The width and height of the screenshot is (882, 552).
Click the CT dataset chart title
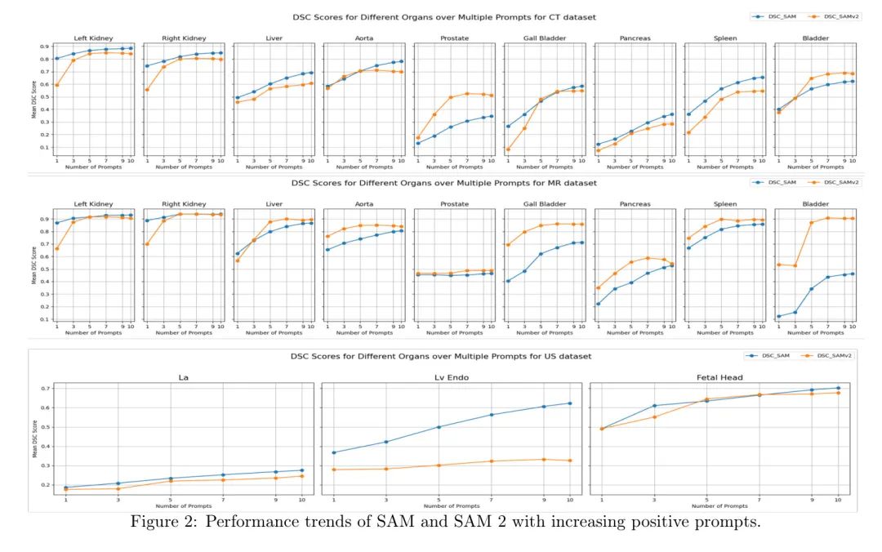pos(444,16)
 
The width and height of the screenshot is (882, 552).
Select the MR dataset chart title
pos(444,183)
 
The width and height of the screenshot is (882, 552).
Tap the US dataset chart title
pos(441,357)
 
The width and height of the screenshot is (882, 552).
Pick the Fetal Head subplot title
pos(718,376)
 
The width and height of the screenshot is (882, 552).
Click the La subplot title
pos(183,376)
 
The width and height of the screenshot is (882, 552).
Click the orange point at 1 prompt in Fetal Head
pos(602,429)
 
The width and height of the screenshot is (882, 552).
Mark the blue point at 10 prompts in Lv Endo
pos(569,403)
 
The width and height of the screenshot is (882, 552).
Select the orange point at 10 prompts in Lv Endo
pos(569,461)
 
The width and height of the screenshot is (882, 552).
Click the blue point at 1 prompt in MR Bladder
pos(779,316)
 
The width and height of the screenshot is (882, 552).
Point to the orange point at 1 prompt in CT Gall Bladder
pos(508,149)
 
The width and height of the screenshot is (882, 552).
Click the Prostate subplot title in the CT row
pos(454,38)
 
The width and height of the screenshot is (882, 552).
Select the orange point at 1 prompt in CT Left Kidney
pos(56,85)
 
